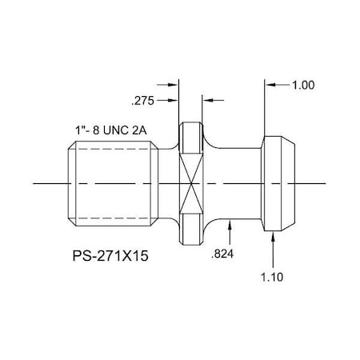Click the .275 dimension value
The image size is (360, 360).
point(140,101)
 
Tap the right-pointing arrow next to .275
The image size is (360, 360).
point(173,101)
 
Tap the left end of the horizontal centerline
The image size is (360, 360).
point(35,184)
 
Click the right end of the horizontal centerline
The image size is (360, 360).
point(326,184)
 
